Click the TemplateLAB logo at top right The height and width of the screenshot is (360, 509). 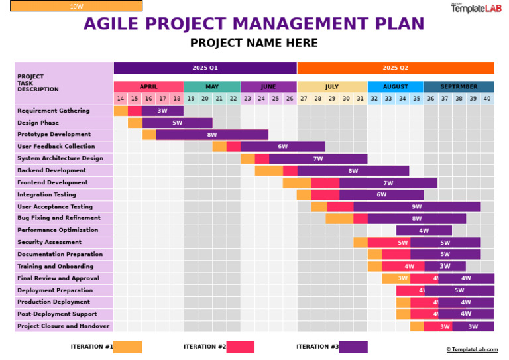point(476,7)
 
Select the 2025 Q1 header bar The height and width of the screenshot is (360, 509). point(205,68)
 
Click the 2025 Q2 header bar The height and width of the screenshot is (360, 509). point(396,68)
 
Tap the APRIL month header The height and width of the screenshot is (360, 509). point(148,87)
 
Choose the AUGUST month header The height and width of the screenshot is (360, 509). point(395,87)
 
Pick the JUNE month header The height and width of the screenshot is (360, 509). point(268,87)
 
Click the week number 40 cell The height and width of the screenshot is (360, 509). point(487,99)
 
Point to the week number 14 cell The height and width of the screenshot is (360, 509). point(121,99)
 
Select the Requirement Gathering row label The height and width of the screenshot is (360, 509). point(53,111)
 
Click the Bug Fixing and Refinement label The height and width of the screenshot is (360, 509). point(59,218)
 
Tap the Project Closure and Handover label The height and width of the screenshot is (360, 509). point(63,326)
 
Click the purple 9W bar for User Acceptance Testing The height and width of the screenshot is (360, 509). point(417,206)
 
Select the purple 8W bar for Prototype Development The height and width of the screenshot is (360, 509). point(212,135)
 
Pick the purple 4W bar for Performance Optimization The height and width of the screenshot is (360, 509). point(424,230)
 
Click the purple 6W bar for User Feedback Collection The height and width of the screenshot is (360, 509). point(283,147)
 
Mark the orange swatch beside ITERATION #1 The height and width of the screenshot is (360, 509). point(127,347)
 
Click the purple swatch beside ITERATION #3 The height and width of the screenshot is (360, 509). point(353,347)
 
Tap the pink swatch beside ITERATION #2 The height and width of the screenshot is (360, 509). point(240,347)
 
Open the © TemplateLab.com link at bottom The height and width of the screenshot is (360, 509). point(472,349)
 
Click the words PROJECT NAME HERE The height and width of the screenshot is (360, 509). point(254,44)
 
